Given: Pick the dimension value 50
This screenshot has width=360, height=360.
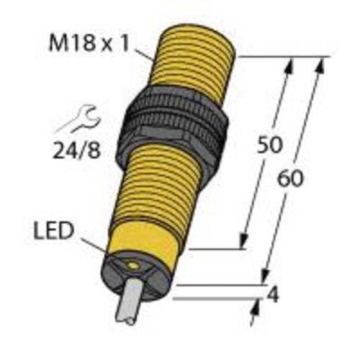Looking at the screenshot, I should pyautogui.click(x=269, y=145).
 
